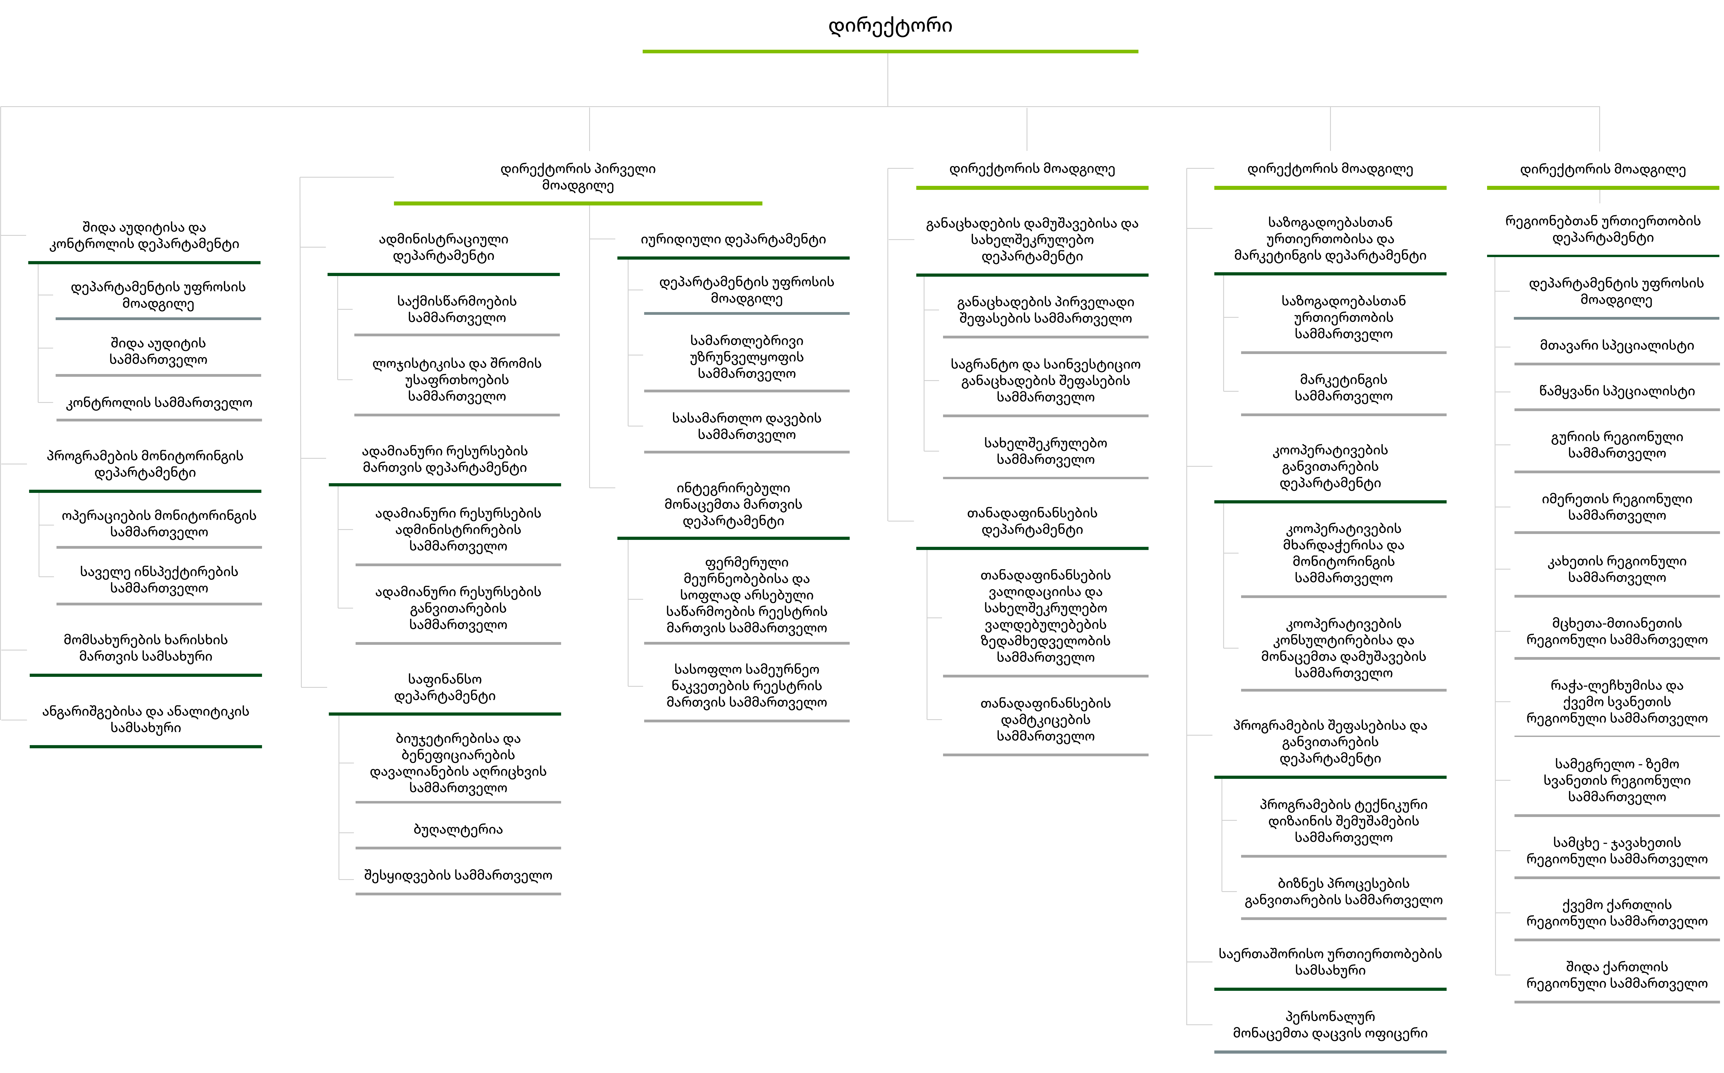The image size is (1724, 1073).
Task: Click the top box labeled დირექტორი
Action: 890,26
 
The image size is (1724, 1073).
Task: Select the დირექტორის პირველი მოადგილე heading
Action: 578,177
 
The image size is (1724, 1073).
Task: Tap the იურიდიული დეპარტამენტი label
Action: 733,239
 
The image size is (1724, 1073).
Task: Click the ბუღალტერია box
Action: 458,829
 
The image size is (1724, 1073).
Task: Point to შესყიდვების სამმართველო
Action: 458,875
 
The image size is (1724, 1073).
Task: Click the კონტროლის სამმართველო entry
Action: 159,402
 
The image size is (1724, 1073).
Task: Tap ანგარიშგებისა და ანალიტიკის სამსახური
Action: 145,719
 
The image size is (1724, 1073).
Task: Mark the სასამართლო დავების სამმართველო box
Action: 747,427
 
